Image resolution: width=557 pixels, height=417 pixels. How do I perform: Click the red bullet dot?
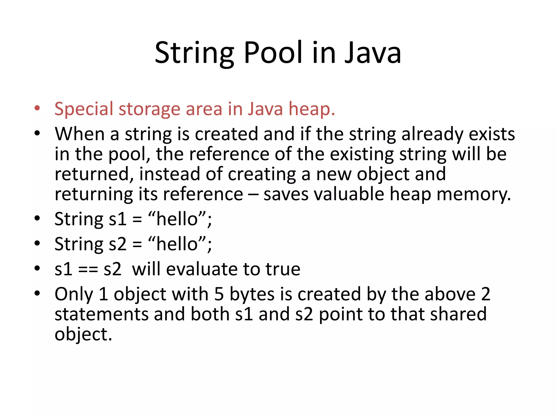pos(37,108)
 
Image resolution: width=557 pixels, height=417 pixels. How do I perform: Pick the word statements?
pos(101,314)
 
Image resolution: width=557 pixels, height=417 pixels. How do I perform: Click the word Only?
pos(74,295)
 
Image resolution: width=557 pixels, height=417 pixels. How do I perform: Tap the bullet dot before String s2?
pos(37,244)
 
